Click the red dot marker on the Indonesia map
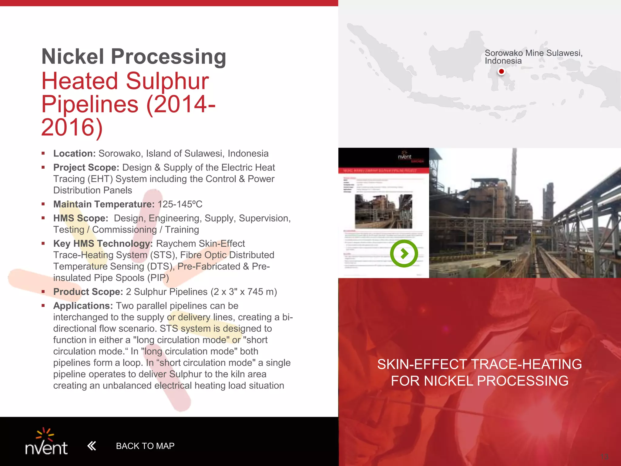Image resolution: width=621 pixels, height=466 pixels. (x=501, y=72)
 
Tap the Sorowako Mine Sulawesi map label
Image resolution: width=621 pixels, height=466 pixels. (x=533, y=57)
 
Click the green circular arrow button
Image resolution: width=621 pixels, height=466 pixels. (x=404, y=253)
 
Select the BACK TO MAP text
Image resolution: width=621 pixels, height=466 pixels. (x=145, y=446)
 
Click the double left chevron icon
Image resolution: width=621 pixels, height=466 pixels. (x=92, y=446)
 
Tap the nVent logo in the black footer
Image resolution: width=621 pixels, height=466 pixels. (x=46, y=442)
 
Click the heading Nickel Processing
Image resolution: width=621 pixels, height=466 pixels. (x=134, y=56)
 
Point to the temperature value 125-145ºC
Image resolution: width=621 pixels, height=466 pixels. (x=180, y=204)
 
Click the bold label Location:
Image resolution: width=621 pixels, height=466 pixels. (x=74, y=154)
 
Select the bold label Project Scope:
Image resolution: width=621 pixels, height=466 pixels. (x=86, y=167)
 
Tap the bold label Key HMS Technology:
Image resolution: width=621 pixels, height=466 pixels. (x=103, y=244)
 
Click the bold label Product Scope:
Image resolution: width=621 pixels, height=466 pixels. (x=88, y=292)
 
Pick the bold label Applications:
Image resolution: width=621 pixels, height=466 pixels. (x=83, y=306)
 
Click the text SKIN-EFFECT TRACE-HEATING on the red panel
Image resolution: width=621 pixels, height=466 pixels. (x=479, y=364)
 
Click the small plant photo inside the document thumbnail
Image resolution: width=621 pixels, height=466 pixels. (x=384, y=211)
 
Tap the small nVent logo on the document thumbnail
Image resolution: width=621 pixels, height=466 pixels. (x=405, y=156)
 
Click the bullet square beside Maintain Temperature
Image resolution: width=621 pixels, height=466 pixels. (x=43, y=204)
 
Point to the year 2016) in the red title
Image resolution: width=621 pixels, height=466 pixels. (x=72, y=127)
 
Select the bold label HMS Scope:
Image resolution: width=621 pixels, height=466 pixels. (x=81, y=218)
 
